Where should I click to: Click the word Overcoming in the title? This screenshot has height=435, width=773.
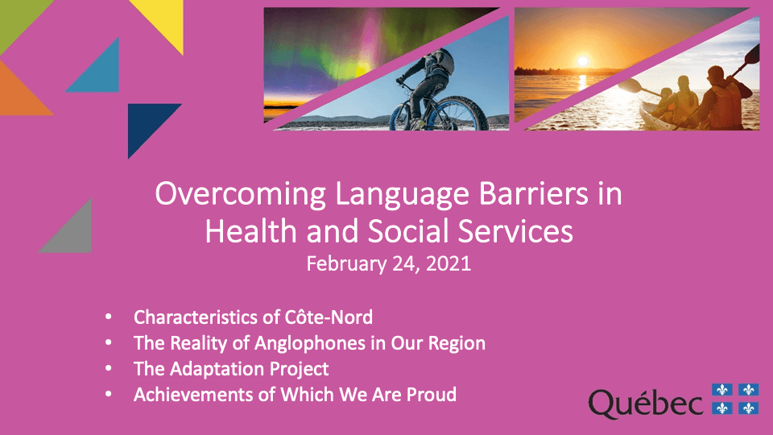[241, 194]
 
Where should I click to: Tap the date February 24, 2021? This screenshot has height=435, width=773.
[388, 263]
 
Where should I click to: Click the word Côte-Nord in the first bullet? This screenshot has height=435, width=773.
[329, 317]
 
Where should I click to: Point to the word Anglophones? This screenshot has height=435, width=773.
[309, 343]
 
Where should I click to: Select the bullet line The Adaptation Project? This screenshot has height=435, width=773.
[231, 369]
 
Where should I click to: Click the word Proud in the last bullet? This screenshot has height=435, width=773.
[432, 395]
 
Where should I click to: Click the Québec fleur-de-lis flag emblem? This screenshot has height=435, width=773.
[735, 399]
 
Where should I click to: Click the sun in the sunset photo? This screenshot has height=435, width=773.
[583, 62]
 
